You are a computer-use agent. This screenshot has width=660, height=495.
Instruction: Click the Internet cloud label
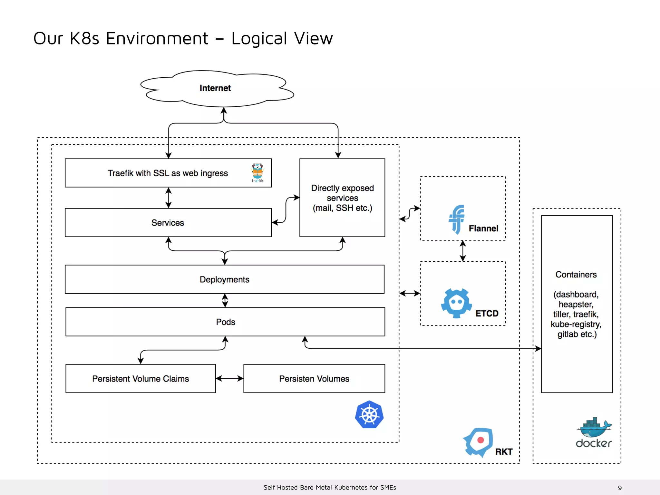(x=215, y=88)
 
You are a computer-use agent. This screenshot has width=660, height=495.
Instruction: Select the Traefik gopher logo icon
(x=257, y=172)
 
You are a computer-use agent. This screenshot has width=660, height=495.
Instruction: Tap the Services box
(x=168, y=223)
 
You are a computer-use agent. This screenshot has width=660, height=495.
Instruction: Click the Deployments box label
(x=224, y=279)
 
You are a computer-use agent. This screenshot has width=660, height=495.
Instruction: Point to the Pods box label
(x=225, y=322)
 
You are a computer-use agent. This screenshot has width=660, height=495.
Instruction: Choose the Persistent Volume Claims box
(x=141, y=379)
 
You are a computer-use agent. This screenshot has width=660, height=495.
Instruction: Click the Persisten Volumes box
(x=314, y=379)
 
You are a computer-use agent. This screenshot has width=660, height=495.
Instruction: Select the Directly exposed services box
(x=342, y=198)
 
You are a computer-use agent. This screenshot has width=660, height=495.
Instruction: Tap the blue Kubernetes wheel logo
(x=369, y=414)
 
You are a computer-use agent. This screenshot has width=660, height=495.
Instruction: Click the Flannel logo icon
(x=457, y=219)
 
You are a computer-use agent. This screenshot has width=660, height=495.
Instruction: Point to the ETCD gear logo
(x=456, y=303)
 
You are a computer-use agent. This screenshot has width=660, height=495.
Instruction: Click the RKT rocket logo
(x=479, y=442)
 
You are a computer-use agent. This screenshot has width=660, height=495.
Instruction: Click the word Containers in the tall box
(x=576, y=275)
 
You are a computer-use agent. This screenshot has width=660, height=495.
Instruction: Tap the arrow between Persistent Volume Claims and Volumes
(x=229, y=378)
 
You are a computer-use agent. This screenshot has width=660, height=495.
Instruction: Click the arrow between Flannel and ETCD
(x=463, y=251)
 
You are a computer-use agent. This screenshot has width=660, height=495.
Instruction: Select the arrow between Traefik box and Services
(x=168, y=198)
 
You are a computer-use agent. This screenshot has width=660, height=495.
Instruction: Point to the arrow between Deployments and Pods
(x=225, y=300)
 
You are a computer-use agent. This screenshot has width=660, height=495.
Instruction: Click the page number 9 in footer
(x=620, y=488)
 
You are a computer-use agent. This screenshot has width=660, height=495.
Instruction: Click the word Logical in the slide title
(x=259, y=38)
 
